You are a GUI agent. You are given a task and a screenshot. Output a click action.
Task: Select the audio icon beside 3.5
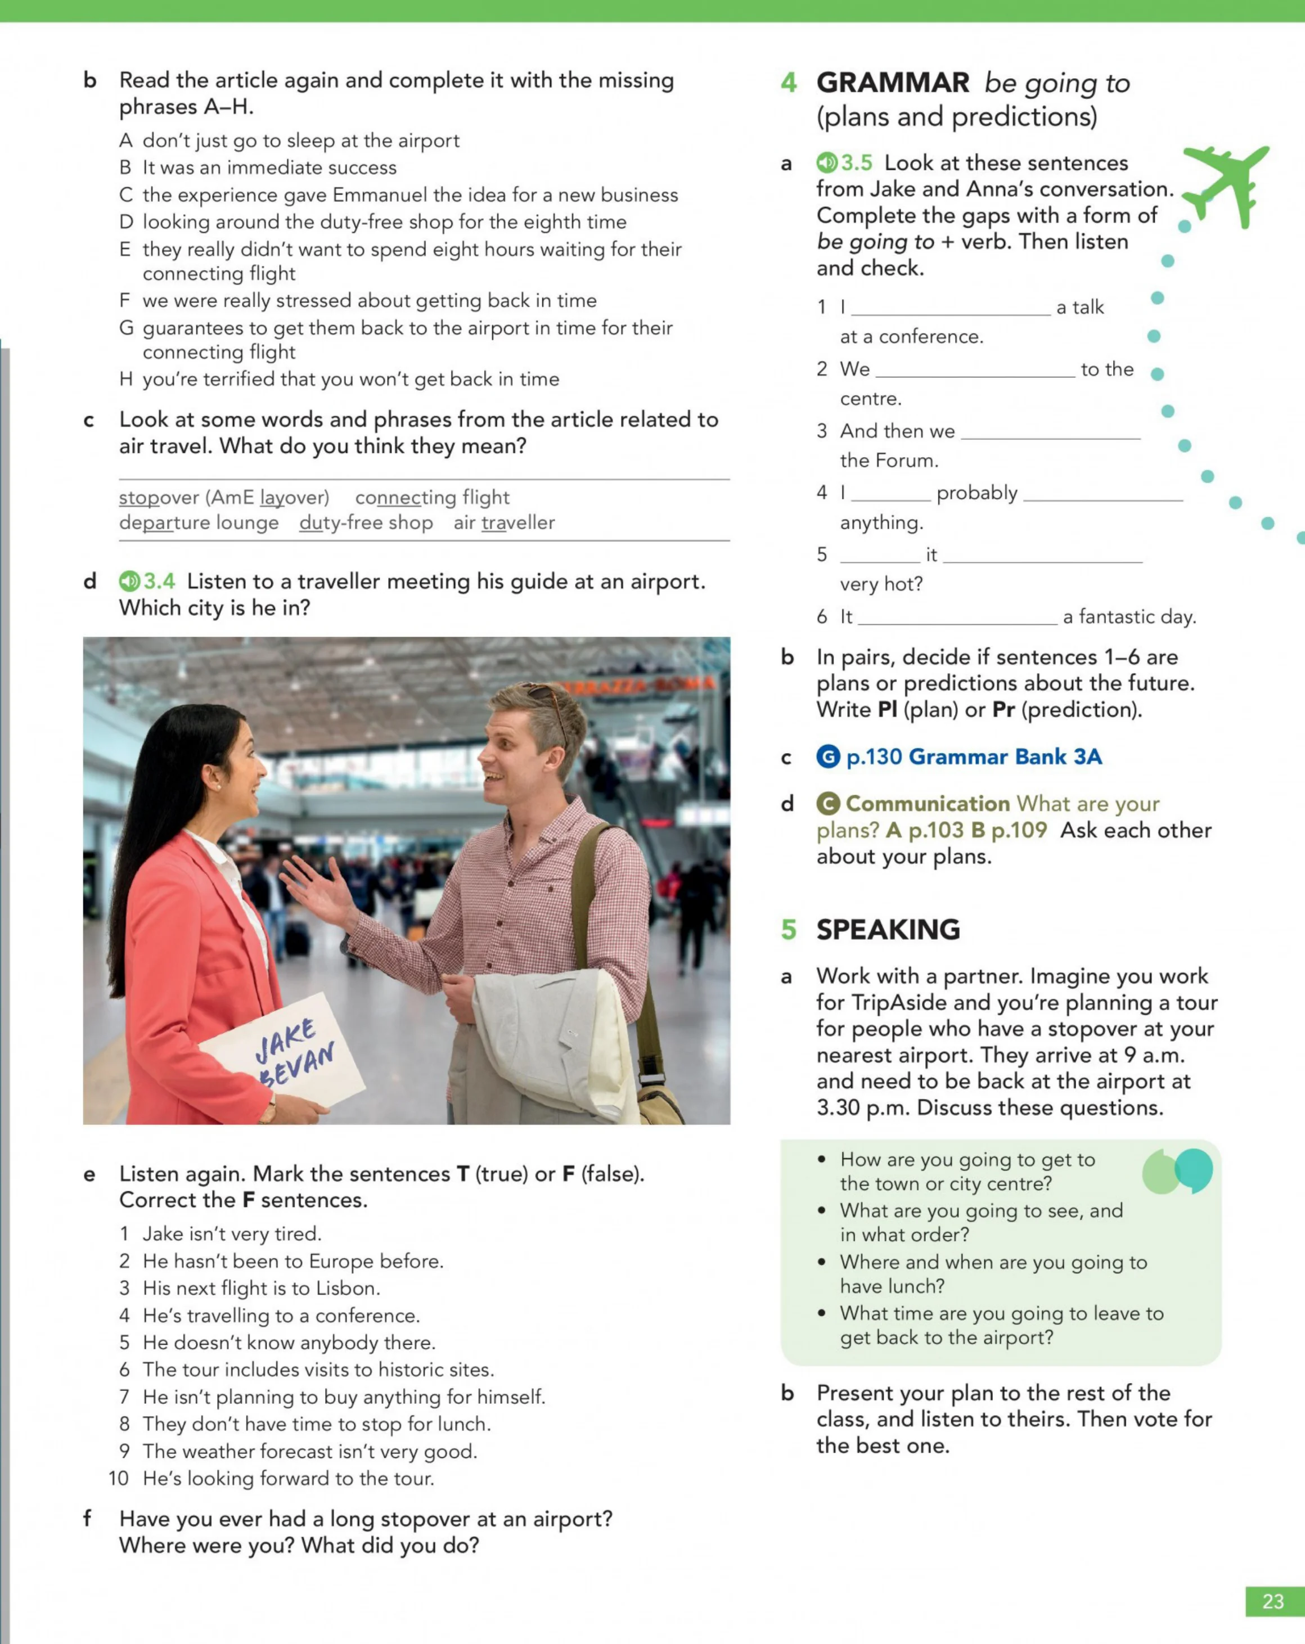point(827,163)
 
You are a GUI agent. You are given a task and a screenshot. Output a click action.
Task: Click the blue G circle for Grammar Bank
point(829,756)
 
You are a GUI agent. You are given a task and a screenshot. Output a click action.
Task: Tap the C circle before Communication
point(829,804)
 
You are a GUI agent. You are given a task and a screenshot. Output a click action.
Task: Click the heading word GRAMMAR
point(892,82)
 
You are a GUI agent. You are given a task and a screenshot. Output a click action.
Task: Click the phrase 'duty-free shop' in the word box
point(366,523)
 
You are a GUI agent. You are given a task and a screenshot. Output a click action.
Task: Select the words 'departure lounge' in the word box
point(199,523)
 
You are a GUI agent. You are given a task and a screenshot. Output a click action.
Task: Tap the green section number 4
point(789,82)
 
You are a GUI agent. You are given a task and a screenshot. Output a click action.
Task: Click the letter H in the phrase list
point(126,379)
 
